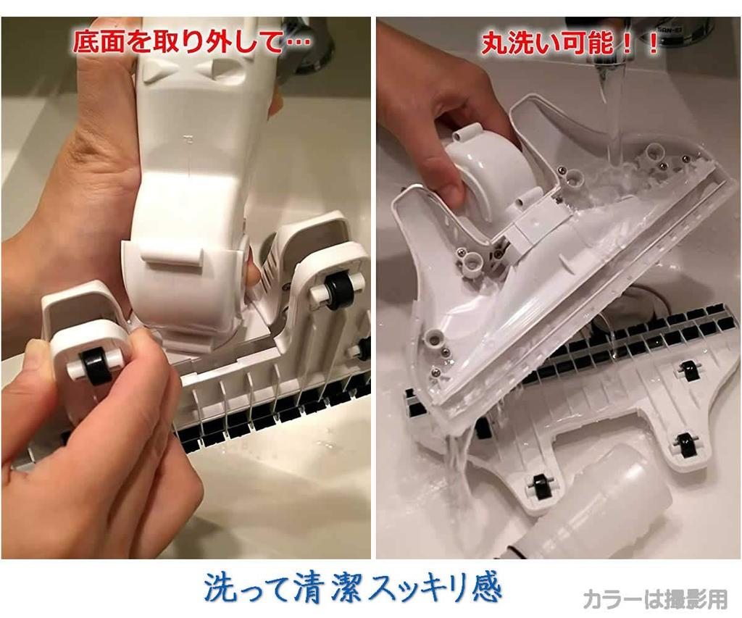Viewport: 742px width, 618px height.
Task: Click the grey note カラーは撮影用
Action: [x=654, y=598]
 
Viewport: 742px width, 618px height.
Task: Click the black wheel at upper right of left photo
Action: [x=335, y=291]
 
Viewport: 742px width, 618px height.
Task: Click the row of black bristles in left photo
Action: [x=275, y=417]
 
